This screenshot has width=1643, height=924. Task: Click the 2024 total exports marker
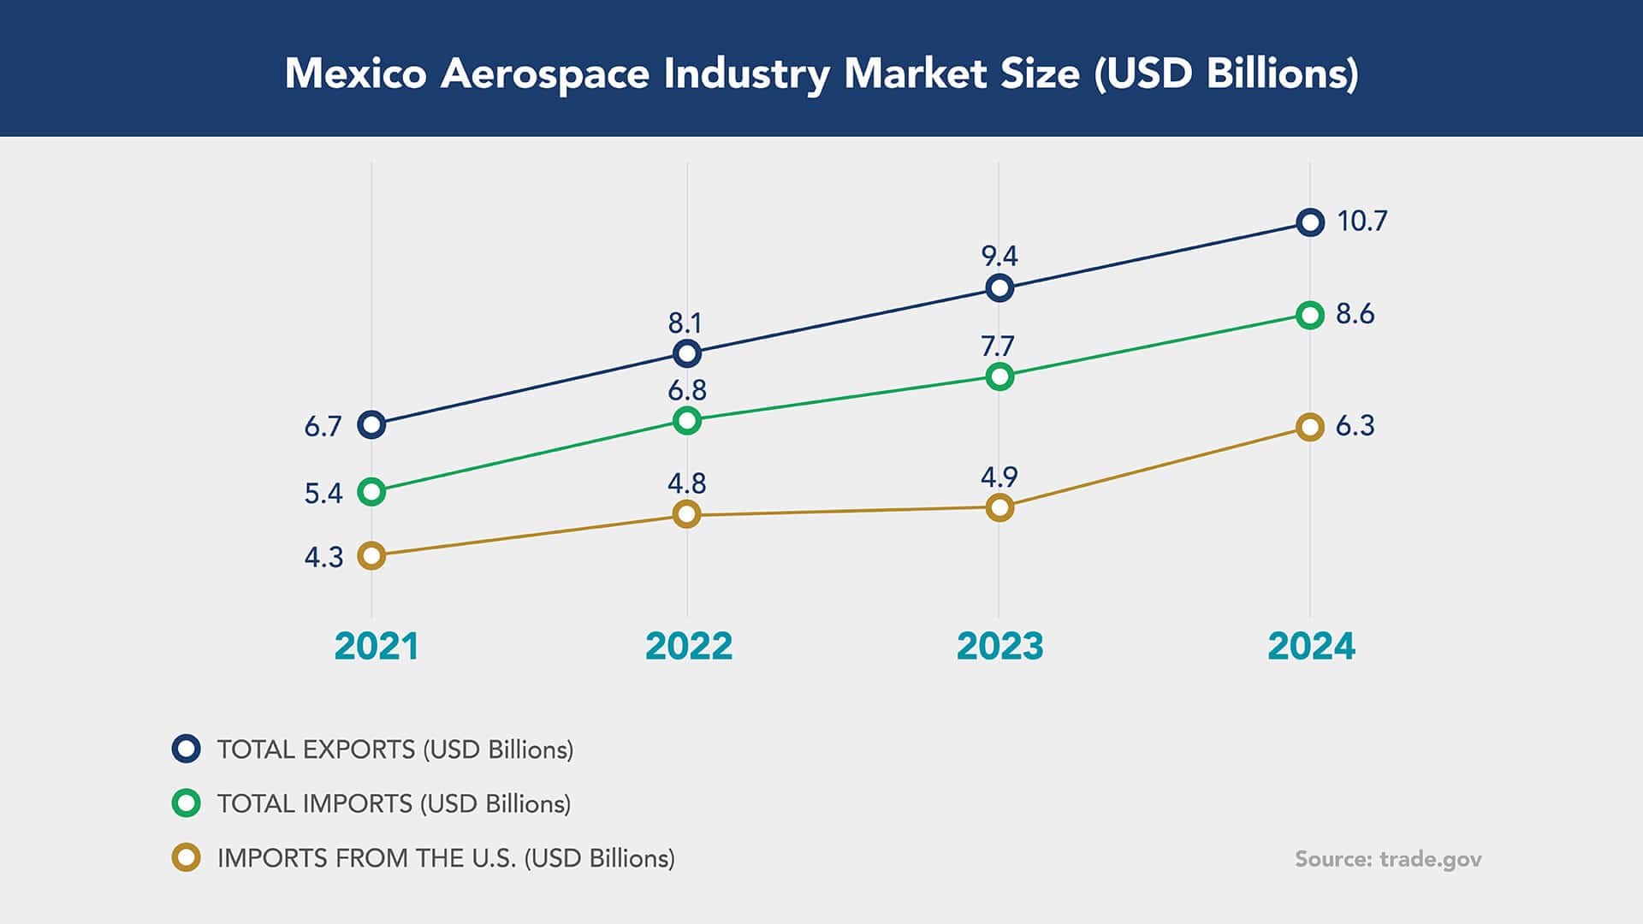1310,222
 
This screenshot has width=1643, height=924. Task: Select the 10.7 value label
1361,222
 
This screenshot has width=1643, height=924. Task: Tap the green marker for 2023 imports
999,376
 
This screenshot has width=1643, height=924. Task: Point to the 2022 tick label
689,646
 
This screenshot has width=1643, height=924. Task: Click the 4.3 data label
323,558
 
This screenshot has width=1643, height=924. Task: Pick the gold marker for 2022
687,514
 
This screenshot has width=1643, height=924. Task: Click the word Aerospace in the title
545,74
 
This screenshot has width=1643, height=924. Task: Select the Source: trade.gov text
1388,859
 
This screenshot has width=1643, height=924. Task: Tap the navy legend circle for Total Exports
187,749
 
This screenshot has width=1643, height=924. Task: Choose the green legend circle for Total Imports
187,803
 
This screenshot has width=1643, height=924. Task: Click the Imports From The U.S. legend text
446,858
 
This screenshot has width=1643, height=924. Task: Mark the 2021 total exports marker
371,424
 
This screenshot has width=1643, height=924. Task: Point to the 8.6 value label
1355,314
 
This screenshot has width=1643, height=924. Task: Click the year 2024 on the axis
1311,646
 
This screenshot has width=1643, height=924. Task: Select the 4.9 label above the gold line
999,477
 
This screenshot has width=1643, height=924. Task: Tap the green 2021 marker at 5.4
371,492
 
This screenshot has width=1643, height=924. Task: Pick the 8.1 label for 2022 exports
685,323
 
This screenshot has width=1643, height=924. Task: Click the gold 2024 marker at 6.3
1310,427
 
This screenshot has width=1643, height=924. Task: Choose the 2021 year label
377,646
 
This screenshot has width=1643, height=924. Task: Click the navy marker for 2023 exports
999,287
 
